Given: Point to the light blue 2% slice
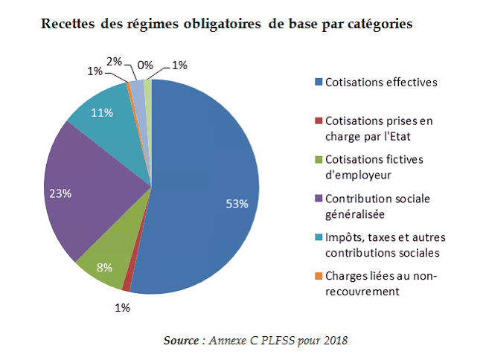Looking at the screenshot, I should pyautogui.click(x=138, y=88).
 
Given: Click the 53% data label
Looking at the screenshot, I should pyautogui.click(x=237, y=205).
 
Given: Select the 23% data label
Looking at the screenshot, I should pyautogui.click(x=60, y=193).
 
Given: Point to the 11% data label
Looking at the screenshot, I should pyautogui.click(x=101, y=113).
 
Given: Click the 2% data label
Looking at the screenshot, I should pyautogui.click(x=115, y=62).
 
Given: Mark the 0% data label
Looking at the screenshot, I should pyautogui.click(x=146, y=65).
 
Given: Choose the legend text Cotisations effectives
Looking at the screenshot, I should pyautogui.click(x=380, y=82).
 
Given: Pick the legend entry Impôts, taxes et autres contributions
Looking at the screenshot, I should pyautogui.click(x=384, y=245).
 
